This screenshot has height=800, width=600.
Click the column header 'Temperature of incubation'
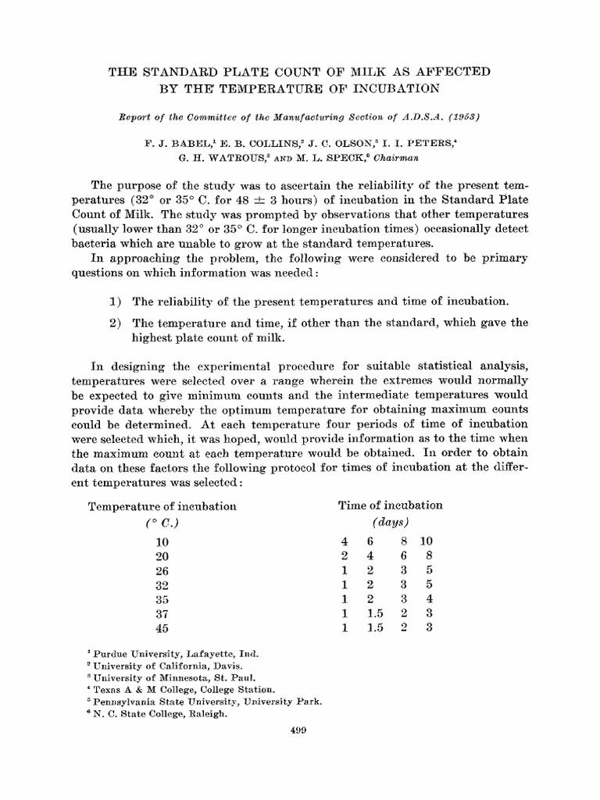(162, 505)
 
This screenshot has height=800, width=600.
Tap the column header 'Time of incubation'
(390, 505)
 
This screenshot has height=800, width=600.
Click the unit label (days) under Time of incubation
(391, 522)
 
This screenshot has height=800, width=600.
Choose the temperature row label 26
(162, 571)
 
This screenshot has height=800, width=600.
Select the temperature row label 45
(162, 628)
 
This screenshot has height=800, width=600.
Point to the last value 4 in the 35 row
(428, 600)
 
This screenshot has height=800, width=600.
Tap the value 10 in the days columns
(427, 541)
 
